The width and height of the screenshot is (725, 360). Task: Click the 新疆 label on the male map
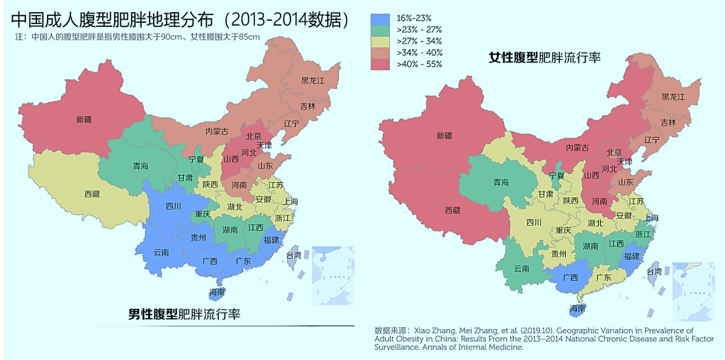click(x=84, y=120)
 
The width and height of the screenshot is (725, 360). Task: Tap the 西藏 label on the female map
click(x=452, y=210)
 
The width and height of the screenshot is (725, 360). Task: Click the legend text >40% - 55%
click(x=419, y=64)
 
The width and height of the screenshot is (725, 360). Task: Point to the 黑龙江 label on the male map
click(x=312, y=81)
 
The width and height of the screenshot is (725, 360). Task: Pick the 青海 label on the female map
click(x=501, y=182)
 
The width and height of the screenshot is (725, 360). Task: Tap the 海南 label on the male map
click(x=217, y=292)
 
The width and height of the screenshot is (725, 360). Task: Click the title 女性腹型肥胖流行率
click(x=544, y=58)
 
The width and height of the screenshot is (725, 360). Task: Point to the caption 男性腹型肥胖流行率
click(x=185, y=314)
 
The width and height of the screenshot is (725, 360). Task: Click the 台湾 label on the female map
click(x=654, y=271)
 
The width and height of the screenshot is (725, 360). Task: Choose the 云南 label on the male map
click(x=160, y=253)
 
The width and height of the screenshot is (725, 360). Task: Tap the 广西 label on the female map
click(x=570, y=277)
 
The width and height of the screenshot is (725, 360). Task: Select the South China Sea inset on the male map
click(x=333, y=275)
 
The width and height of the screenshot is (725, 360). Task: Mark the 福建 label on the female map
click(x=631, y=256)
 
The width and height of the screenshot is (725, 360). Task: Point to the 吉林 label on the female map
click(x=668, y=123)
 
